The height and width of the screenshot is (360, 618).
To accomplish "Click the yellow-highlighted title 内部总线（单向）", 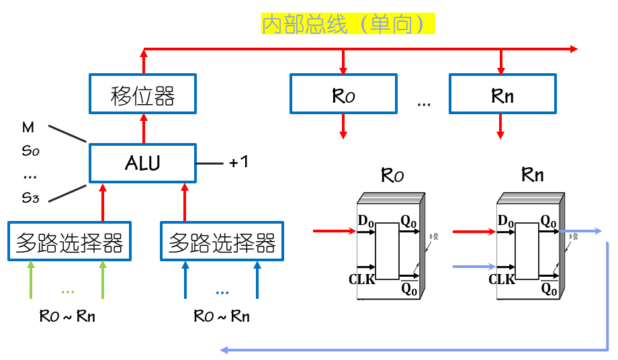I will [348, 25].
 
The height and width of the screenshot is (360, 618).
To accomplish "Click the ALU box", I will [142, 163].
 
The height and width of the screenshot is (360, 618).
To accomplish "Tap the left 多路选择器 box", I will [70, 241].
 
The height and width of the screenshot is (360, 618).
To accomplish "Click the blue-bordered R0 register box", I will [343, 93].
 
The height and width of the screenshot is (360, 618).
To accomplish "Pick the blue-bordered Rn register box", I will [502, 93].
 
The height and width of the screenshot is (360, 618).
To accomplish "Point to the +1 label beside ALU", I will [238, 163].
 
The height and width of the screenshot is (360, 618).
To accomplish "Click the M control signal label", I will [28, 127].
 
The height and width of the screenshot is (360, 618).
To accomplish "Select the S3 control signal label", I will [31, 197].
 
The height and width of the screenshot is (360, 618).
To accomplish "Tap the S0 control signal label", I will [31, 151].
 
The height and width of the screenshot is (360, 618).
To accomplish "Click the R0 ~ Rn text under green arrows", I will [67, 316].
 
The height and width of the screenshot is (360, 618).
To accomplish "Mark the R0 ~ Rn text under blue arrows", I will [222, 316].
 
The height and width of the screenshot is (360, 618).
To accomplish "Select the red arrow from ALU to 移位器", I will [142, 128].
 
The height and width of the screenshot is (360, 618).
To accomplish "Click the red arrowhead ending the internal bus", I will [573, 49].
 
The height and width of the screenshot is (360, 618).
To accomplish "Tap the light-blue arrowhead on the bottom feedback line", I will [225, 349].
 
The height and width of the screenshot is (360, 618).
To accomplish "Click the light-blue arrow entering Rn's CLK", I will [474, 267].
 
